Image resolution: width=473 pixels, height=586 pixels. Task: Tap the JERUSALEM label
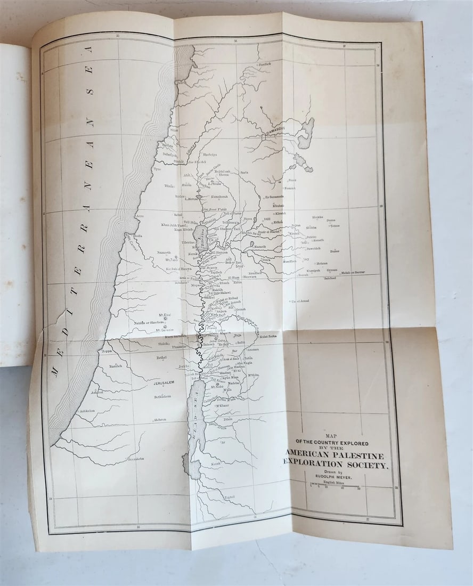coord(164,383)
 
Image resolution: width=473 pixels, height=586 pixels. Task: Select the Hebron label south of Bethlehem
coord(160,420)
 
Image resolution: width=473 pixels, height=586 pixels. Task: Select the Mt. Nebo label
coord(217,387)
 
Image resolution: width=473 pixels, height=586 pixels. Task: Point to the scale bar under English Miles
coord(335,484)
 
